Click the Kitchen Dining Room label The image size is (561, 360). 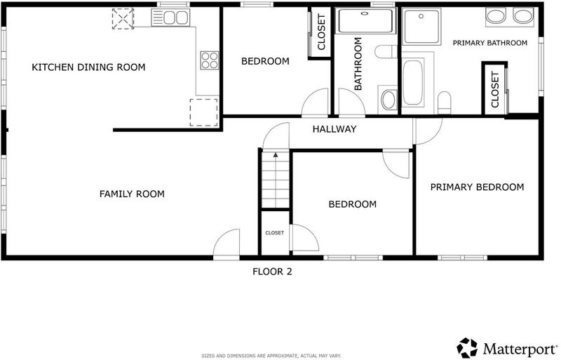pos(88,67)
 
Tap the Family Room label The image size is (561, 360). pos(132,194)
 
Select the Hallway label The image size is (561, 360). pos(334,129)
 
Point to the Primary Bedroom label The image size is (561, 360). pos(477,187)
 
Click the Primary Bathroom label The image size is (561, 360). pos(489,43)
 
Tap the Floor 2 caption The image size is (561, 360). pos(272,272)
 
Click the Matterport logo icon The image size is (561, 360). pos(467,347)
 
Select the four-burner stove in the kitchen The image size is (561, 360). pos(209,60)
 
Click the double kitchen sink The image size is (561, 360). pos(170,18)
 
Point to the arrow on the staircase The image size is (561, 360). pos(276,155)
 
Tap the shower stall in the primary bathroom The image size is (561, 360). pos(421,27)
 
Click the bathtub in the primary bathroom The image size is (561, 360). pos(413,83)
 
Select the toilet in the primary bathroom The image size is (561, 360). pos(445,102)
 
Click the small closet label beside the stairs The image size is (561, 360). pos(275,233)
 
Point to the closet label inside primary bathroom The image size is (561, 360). pos(495,90)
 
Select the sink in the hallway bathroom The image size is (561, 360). pos(388,100)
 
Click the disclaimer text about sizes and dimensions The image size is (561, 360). pos(271,356)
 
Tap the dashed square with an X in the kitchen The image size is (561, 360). pos(123,19)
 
